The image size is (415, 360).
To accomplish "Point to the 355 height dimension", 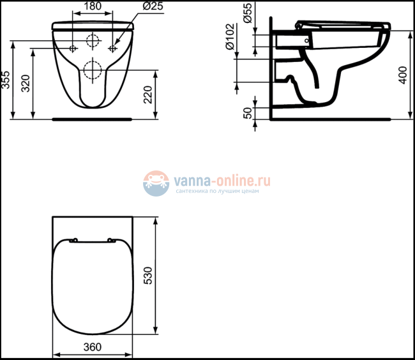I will pyautogui.click(x=6, y=79).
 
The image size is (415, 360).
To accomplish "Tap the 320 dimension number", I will pyautogui.click(x=26, y=83).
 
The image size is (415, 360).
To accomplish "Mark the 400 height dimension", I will pyautogui.click(x=402, y=75).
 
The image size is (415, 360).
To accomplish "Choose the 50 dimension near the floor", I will pyautogui.click(x=247, y=113).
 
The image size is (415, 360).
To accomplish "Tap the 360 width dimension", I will pyautogui.click(x=93, y=347).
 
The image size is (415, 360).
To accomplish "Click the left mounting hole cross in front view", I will pyautogui.click(x=72, y=49).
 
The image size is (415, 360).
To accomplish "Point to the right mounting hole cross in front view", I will pyautogui.click(x=113, y=49).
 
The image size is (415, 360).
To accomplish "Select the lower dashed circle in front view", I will pyautogui.click(x=93, y=68).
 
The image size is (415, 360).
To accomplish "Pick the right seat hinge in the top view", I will pyautogui.click(x=112, y=241).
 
